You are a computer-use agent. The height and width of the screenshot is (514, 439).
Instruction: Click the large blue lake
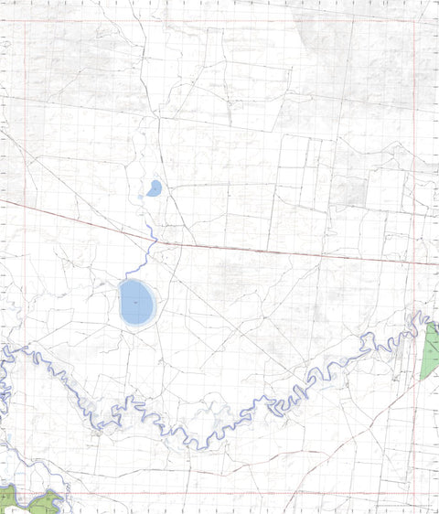(x=136, y=301)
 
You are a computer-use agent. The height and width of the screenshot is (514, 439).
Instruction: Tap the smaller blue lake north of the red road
(x=155, y=187)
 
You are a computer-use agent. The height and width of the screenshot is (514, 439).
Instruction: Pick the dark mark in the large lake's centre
(x=134, y=300)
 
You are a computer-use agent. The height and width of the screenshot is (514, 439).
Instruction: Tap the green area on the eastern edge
(x=430, y=352)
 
